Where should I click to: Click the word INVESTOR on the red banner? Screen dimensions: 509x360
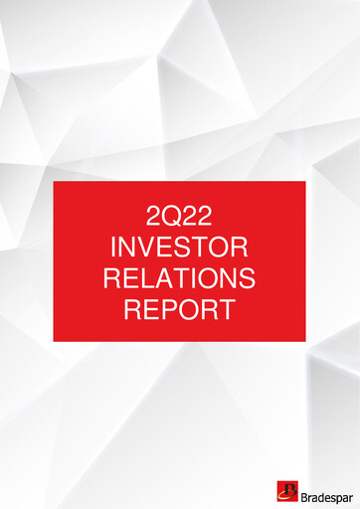tap(179, 246)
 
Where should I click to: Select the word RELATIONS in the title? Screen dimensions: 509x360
tap(179, 276)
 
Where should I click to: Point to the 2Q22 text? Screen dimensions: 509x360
tap(179, 215)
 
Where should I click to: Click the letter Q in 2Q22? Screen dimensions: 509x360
tap(171, 215)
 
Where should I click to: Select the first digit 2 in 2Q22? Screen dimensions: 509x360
tap(152, 215)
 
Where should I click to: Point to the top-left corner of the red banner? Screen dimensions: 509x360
tap(54, 183)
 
